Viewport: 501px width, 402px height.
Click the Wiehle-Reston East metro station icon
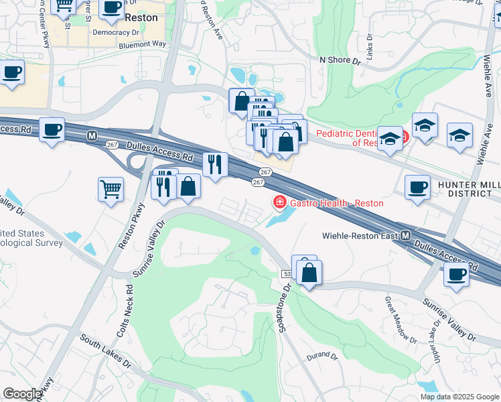(406, 236)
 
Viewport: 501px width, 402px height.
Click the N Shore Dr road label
(340, 60)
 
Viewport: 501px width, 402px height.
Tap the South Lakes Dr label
(106, 353)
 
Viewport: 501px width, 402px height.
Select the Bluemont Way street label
(142, 44)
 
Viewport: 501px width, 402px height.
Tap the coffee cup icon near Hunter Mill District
(418, 186)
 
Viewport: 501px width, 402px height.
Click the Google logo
(22, 394)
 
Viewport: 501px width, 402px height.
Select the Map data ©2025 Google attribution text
(459, 397)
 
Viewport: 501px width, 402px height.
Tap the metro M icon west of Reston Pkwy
(92, 135)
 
